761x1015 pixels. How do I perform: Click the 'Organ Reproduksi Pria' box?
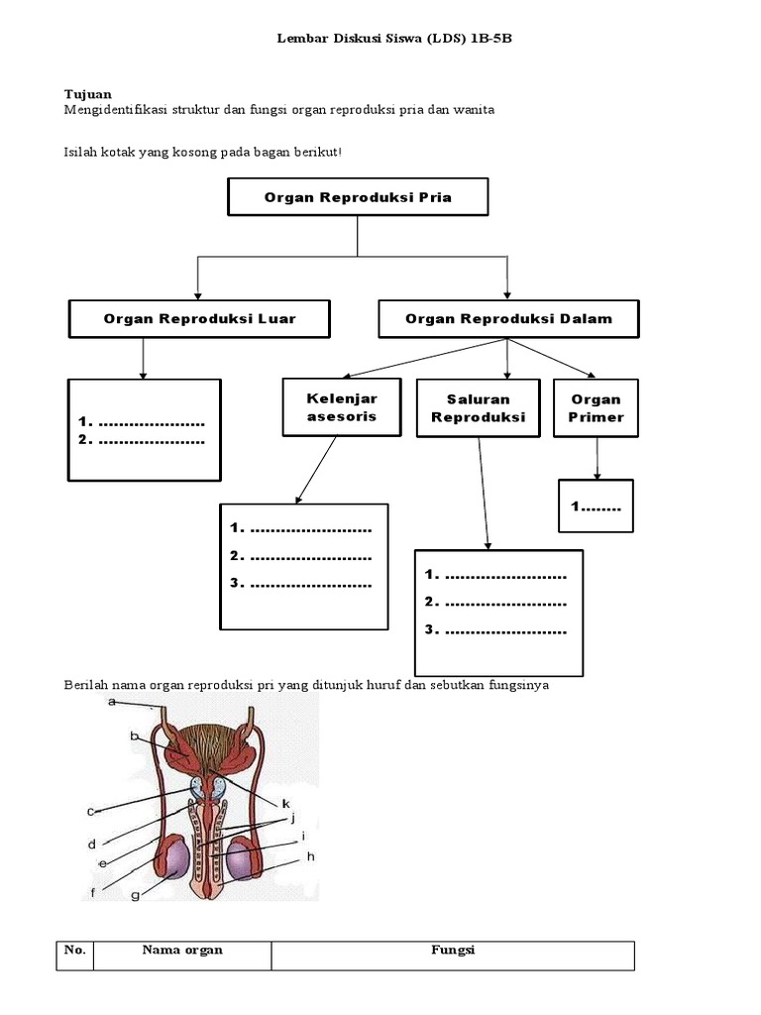358,197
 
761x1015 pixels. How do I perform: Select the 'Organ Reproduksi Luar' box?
199,319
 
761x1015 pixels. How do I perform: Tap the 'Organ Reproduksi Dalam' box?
508,319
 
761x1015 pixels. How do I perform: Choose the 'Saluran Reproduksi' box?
478,407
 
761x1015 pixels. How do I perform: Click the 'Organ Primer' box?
596,407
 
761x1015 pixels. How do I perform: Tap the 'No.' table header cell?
75,951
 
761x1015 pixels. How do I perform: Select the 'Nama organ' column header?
182,951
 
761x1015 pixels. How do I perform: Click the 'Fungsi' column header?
453,951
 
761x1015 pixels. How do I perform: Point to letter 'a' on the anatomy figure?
112,702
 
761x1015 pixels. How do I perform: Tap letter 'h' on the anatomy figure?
310,856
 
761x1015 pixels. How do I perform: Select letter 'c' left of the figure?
91,811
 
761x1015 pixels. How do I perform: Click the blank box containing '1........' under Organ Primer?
596,507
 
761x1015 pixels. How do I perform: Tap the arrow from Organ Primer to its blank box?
597,459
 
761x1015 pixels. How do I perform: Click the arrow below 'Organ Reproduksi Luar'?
144,358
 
